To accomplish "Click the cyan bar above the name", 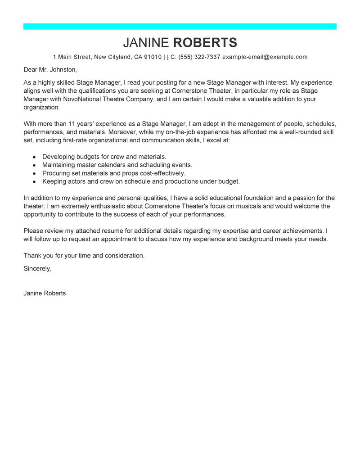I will [x=180, y=27].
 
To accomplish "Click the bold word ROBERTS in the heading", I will [x=205, y=43].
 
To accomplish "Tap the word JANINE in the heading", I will [x=146, y=43].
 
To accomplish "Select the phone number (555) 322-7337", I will [x=199, y=57].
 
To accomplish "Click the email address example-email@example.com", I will [x=265, y=57].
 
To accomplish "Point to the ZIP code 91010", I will [x=153, y=57].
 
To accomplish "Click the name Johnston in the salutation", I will [x=63, y=70].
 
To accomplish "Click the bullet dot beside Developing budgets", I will [x=34, y=157].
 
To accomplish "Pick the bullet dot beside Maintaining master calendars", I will [x=34, y=165].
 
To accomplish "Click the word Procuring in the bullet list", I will [x=56, y=173].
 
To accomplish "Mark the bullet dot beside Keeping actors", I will [x=34, y=181].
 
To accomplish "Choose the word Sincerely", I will [x=37, y=268].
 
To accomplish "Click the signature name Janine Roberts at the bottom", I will [x=45, y=293].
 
